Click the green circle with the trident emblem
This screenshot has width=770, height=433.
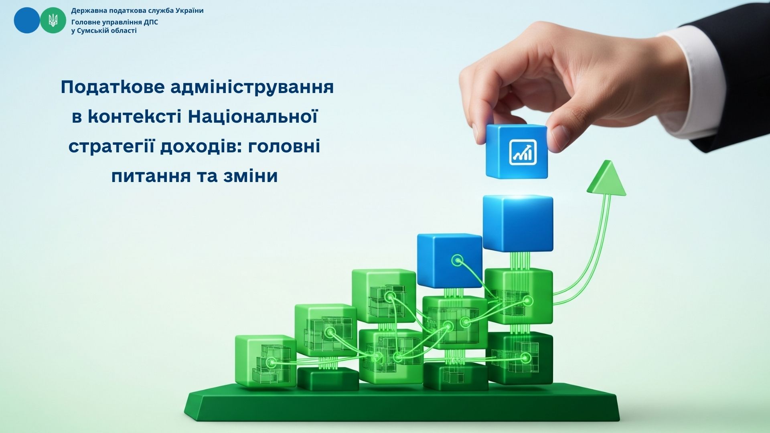pyautogui.click(x=53, y=20)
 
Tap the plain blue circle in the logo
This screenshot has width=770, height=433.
pyautogui.click(x=27, y=20)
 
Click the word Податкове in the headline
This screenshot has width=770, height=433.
pyautogui.click(x=113, y=87)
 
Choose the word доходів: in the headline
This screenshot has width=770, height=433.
pyautogui.click(x=201, y=146)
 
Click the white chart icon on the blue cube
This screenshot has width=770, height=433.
pyautogui.click(x=523, y=152)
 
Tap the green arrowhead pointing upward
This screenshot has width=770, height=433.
pyautogui.click(x=607, y=178)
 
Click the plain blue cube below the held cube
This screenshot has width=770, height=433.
pyautogui.click(x=518, y=223)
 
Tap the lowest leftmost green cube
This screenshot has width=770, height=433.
pyautogui.click(x=265, y=361)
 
